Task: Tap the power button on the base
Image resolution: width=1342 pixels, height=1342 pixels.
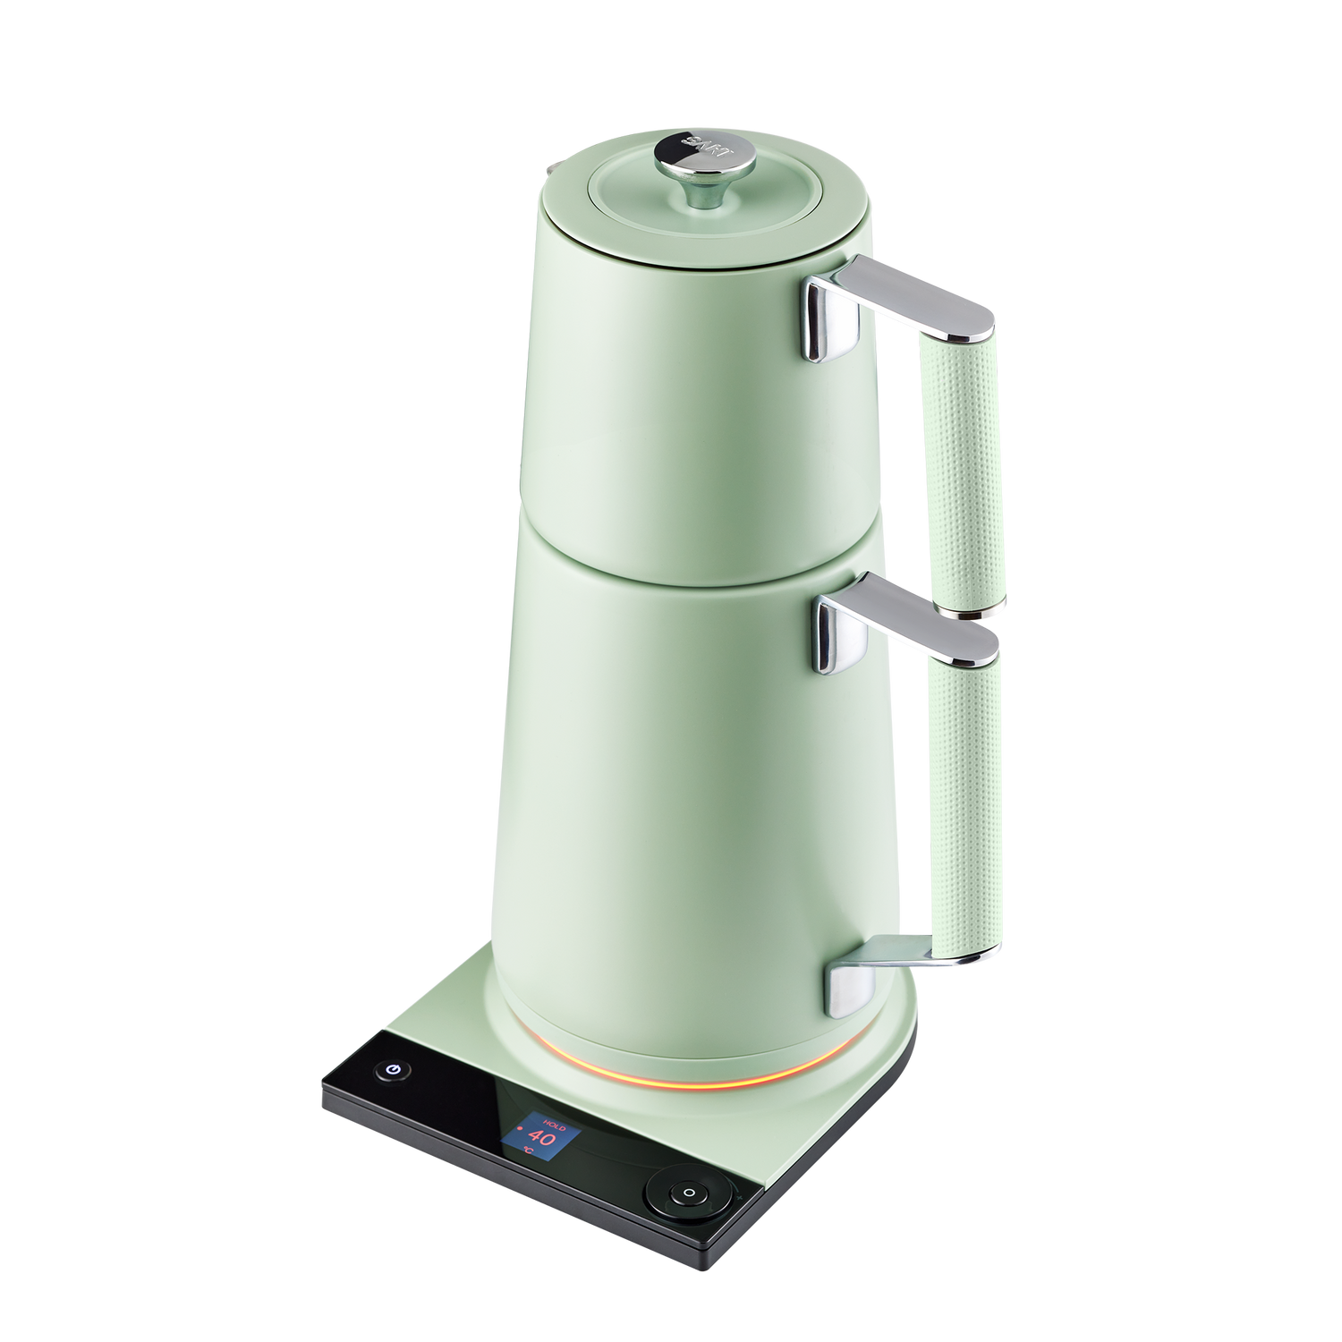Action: click(x=394, y=1070)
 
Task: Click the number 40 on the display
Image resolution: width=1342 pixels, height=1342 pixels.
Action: click(x=543, y=1138)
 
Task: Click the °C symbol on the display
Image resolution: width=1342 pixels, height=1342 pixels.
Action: click(x=528, y=1151)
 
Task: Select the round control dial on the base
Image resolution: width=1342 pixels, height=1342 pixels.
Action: click(x=689, y=1193)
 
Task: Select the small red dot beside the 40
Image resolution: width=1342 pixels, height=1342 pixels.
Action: click(x=518, y=1137)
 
